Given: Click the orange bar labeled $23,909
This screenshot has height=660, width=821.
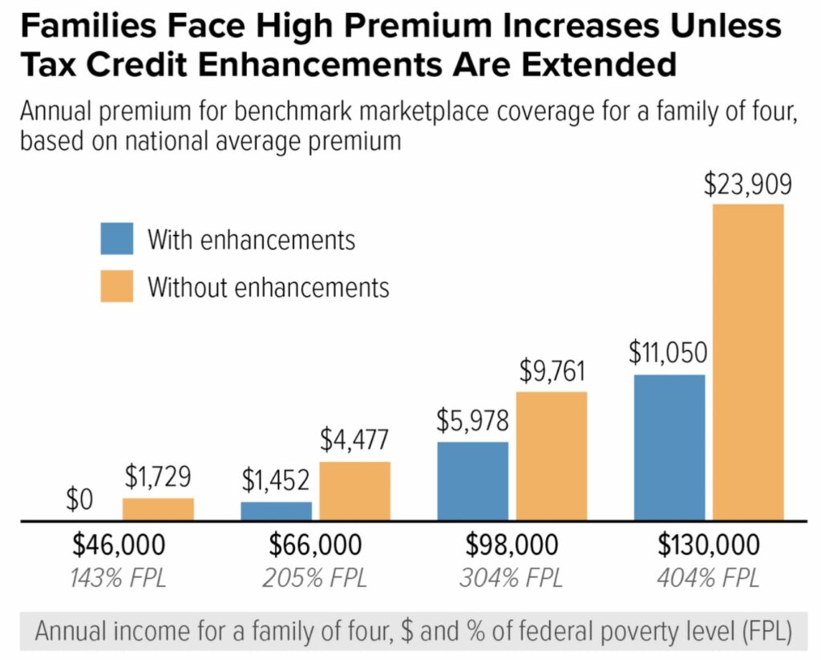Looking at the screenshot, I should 748,362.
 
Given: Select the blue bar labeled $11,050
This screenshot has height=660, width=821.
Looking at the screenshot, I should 669,447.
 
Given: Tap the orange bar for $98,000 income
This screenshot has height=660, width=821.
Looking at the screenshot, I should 552,456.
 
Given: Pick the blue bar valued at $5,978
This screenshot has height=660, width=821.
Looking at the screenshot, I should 473,481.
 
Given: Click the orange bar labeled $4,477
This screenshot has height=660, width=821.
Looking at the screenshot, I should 355,491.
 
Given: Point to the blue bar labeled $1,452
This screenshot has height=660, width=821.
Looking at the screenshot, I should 277,511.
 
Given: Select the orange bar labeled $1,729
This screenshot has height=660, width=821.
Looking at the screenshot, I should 158,509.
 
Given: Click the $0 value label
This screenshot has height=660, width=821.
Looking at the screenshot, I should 79,501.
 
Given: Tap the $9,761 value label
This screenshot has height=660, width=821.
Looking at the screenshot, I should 552,371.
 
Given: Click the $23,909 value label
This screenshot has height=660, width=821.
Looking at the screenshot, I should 748,184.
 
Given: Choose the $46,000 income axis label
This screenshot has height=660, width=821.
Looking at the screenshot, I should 119,545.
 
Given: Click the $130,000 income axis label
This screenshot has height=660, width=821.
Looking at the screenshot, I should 709,545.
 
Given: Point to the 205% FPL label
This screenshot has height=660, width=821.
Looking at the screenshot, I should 316,578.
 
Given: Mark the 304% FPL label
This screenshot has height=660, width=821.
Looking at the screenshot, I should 512,578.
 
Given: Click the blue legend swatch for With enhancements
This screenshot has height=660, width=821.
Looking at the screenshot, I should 117,239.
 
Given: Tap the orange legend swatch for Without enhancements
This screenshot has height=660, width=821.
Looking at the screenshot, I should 117,286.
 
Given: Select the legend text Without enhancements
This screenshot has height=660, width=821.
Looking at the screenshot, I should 268,287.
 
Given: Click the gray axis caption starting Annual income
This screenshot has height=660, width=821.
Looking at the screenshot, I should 414,631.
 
